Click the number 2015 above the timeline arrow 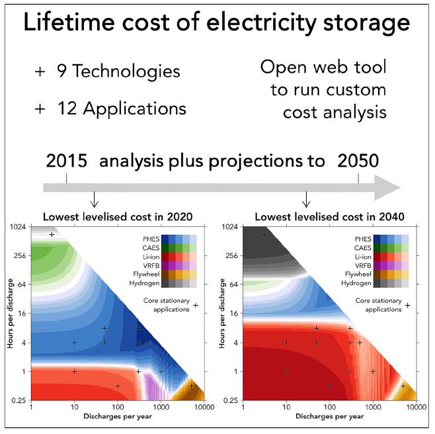click(67, 161)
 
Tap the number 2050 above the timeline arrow click(358, 161)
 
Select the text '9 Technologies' click(98, 71)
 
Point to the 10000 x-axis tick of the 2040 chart click(415, 408)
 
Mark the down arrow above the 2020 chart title click(94, 199)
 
